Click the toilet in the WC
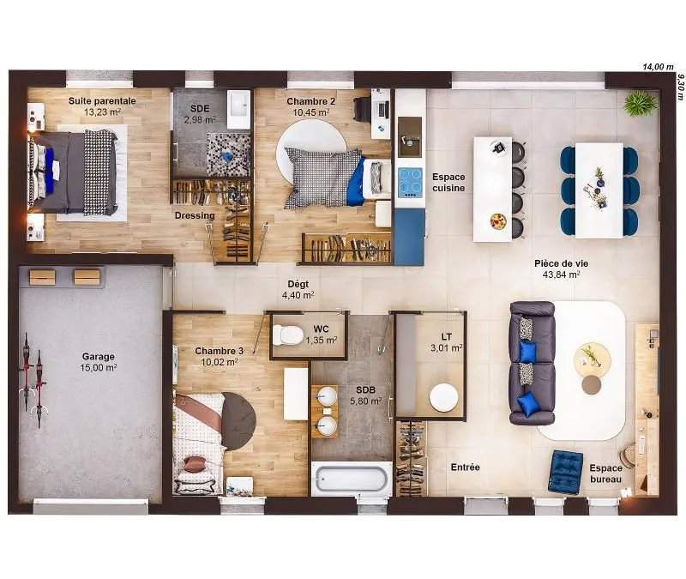[288, 335]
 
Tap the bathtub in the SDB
[352, 479]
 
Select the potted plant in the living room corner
[641, 105]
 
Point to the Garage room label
[98, 357]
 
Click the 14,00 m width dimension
[658, 67]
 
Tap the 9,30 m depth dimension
[680, 87]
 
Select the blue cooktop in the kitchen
[410, 183]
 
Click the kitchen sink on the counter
[410, 137]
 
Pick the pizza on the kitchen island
[498, 220]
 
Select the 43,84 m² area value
[562, 274]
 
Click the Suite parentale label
[102, 100]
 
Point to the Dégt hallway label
[298, 284]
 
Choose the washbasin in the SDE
[238, 110]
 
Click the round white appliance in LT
[443, 397]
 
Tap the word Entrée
[465, 467]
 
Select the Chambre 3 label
[220, 351]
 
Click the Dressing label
[195, 215]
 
